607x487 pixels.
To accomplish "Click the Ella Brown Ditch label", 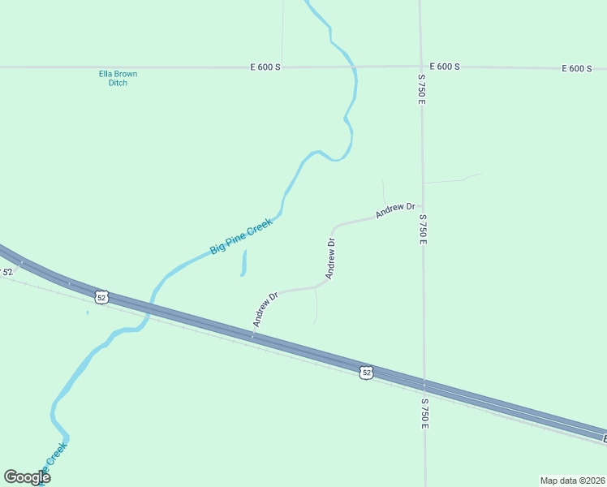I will tap(118, 78).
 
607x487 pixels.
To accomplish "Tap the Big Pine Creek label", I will tap(240, 235).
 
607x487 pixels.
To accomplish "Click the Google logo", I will tap(27, 477).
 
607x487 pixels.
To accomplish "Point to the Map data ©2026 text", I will tap(573, 480).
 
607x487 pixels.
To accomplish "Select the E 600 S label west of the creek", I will tap(265, 67).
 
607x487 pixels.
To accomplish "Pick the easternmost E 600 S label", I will tap(577, 68).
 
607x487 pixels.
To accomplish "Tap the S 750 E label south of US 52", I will tap(424, 413).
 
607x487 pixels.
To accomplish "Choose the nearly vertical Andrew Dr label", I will tap(331, 258).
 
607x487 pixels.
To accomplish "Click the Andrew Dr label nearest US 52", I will tap(265, 309).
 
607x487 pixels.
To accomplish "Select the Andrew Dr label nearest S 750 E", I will tap(395, 211).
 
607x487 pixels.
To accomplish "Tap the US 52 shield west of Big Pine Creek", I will tap(101, 297).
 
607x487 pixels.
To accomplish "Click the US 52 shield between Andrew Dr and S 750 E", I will tap(367, 372).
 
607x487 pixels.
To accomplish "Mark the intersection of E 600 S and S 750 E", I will tap(421, 66).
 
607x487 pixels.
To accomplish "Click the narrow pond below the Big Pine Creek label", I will tap(243, 263).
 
